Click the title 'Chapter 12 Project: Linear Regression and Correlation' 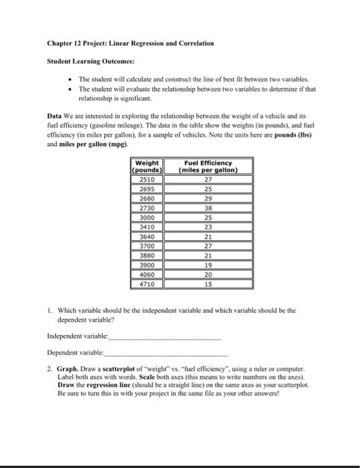130,43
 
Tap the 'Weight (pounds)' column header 147,166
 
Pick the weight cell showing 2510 147,179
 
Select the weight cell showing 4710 147,284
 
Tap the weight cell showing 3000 147,217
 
